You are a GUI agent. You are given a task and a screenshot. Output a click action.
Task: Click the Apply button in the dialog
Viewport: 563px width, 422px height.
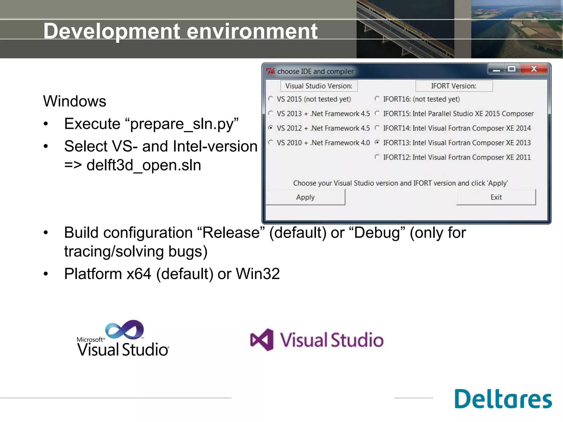click(305, 197)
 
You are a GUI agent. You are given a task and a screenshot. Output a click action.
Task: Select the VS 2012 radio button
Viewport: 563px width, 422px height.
click(271, 128)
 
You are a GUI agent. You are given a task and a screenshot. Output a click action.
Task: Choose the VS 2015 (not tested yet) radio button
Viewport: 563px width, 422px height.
click(271, 99)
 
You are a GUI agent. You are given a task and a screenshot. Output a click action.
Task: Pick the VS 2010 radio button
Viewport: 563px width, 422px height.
click(271, 142)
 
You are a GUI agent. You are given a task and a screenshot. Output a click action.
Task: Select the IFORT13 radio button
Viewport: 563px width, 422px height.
click(377, 142)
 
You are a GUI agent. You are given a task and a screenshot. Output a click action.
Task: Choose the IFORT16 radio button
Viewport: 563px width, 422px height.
click(377, 99)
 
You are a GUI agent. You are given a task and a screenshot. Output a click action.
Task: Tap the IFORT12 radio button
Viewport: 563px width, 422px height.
click(377, 157)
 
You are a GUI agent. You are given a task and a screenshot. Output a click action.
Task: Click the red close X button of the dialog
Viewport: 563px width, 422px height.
click(534, 69)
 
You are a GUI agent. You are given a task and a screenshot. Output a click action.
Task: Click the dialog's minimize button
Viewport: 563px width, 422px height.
click(496, 70)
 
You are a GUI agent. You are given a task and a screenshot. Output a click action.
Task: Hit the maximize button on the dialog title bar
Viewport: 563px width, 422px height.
click(512, 69)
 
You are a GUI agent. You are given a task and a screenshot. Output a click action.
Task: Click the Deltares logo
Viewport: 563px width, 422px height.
click(503, 399)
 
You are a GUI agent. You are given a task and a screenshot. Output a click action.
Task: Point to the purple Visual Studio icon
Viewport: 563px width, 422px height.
click(262, 340)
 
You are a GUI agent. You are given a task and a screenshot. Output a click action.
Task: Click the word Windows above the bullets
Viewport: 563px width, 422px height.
click(74, 101)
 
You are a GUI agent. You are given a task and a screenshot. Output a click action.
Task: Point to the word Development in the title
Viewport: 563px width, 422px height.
click(112, 31)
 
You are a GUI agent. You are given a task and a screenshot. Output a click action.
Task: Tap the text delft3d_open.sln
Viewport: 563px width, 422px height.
click(144, 165)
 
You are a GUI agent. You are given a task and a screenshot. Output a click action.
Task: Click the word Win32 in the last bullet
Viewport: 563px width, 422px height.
click(258, 274)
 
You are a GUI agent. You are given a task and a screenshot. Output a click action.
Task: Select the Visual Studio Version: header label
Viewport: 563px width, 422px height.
click(319, 86)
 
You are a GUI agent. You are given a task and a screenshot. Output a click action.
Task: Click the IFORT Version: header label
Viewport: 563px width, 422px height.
click(454, 86)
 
